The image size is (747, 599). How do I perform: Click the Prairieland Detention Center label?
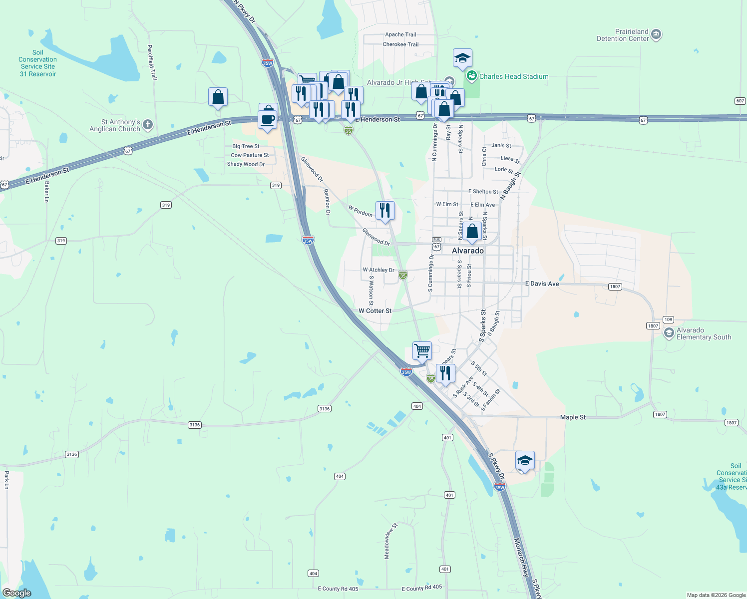623,35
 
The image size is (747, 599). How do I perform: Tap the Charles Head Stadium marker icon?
471,76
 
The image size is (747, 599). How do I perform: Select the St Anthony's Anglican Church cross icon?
147,125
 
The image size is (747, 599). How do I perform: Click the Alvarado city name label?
468,251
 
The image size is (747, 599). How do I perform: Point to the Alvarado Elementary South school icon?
669,333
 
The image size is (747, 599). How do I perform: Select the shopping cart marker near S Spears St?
422,350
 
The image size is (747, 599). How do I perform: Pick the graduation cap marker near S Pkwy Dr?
525,460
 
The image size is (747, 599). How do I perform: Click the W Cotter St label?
375,311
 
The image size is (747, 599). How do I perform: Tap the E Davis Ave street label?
542,284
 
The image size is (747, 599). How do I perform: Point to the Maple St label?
573,417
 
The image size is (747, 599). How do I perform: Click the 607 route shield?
740,101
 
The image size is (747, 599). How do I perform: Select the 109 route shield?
668,319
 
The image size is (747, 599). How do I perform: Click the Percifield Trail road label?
152,62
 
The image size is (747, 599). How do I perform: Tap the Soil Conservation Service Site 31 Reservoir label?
38,63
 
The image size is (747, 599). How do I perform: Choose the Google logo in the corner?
17,593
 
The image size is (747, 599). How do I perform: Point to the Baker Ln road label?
47,192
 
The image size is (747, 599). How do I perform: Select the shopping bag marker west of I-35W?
218,97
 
